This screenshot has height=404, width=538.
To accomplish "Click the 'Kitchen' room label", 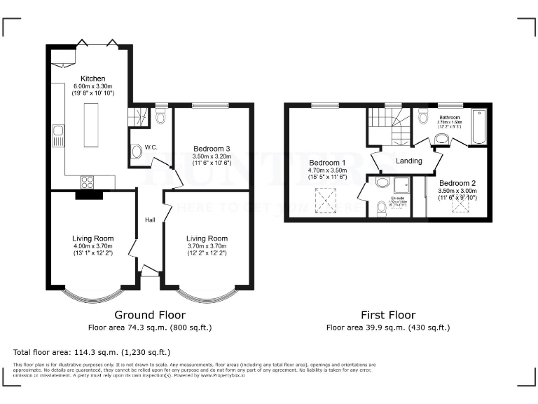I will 93,79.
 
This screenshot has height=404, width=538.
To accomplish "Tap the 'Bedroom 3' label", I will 212,148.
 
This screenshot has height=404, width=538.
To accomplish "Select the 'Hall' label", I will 150,220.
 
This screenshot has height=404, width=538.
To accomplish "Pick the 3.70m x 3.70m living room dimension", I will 207,245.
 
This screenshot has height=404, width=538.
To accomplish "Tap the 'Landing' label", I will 409,161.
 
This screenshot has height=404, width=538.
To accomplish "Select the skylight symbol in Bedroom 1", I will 325,201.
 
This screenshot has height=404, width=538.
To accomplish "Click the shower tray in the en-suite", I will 402,184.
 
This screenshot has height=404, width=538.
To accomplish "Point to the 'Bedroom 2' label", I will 457,182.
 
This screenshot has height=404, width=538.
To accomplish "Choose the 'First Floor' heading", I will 388,315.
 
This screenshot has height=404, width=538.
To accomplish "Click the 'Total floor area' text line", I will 91,351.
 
